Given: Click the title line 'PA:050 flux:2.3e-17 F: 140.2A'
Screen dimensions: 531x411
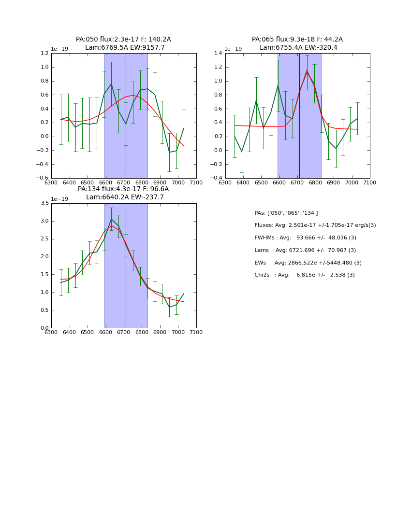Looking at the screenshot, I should (123, 40).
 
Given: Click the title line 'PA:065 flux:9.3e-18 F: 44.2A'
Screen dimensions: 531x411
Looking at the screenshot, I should (297, 40).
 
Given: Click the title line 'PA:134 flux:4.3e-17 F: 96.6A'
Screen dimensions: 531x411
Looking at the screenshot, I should (123, 189).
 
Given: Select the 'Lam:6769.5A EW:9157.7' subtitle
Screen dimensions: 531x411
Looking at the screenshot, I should (125, 48).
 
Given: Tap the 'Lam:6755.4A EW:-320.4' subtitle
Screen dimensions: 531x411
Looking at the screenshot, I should (298, 48).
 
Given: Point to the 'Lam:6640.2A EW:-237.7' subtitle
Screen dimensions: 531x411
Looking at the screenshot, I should (125, 197).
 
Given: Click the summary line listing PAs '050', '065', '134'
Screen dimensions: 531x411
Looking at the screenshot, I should (286, 213).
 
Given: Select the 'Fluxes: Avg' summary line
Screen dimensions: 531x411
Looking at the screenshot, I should (315, 225).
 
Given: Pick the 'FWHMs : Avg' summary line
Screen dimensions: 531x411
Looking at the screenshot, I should (305, 238).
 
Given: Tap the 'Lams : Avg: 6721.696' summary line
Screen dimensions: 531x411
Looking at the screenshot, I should (305, 250).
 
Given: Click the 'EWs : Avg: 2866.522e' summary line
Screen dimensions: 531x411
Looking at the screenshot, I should (308, 263).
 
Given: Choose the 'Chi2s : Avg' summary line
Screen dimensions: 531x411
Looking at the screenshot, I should (304, 275).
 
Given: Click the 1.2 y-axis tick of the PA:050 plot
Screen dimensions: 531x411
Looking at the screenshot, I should (44, 54).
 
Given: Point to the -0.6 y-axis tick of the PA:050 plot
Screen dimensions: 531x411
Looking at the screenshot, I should (43, 178).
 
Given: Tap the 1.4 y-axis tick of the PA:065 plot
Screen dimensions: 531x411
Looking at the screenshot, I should (219, 54).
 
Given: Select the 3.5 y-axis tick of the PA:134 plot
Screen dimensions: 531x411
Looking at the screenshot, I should (44, 203).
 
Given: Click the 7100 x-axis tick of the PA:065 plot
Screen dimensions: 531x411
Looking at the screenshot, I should (370, 182).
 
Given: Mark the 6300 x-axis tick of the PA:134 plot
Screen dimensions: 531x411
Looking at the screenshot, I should (51, 332).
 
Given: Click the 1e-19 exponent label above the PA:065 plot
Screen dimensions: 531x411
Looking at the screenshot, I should (234, 49).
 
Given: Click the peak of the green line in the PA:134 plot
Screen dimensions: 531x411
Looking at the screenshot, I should (111, 219).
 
